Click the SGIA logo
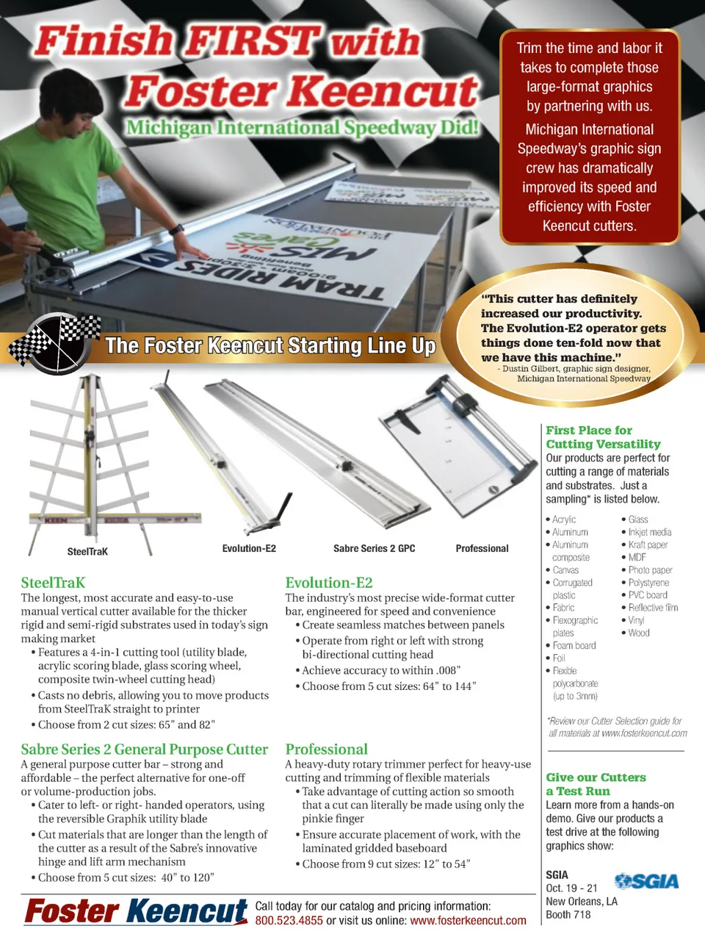coord(646,881)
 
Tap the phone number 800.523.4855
coord(289,921)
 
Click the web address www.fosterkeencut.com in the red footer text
coord(468,921)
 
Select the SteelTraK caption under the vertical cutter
coord(87,552)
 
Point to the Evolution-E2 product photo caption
coord(249,549)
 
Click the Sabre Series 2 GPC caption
coord(374,549)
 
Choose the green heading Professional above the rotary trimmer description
coord(326,750)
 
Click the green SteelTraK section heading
coord(53,583)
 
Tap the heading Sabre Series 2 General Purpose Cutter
coord(144,750)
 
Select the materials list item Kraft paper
coord(648,545)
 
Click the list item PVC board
coord(648,595)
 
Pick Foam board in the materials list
coord(574,645)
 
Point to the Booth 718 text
coord(568,915)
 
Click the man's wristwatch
coord(177,229)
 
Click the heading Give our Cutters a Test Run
coord(596,784)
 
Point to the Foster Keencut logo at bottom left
coord(136,912)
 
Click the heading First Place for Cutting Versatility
coord(603,437)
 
